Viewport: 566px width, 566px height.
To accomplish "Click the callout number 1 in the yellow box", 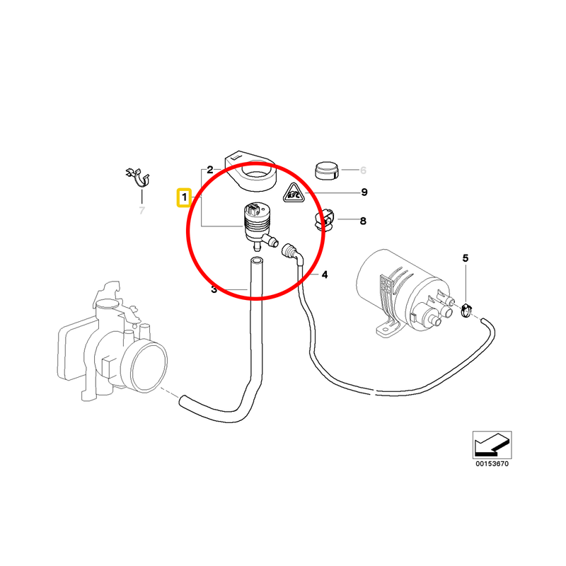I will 183,197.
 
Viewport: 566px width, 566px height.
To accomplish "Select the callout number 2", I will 209,171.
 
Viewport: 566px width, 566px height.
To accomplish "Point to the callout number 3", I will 213,289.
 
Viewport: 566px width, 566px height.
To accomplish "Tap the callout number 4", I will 325,275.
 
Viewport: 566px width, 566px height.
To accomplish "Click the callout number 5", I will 466,258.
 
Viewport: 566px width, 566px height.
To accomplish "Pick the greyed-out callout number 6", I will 363,171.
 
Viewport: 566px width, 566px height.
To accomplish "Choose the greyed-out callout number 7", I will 141,210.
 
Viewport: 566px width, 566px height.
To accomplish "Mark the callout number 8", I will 363,221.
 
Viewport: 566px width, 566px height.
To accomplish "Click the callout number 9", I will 364,192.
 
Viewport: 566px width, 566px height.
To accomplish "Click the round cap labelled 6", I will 325,171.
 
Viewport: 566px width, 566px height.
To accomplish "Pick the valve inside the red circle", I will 256,225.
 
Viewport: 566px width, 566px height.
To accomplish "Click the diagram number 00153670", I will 492,464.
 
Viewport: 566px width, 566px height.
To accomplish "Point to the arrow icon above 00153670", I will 492,444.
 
